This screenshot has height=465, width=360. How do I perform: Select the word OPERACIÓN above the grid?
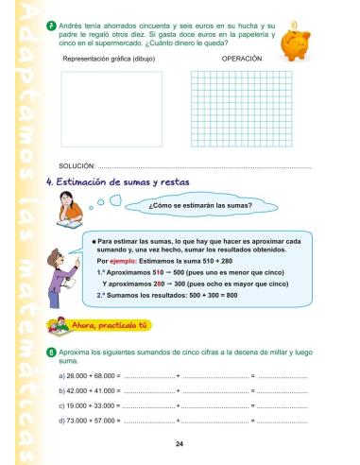tap(241, 58)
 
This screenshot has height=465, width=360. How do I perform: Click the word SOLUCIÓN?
tap(77, 166)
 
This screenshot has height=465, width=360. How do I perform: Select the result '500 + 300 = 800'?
tap(218, 295)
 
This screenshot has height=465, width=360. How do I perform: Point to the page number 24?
tap(180, 443)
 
